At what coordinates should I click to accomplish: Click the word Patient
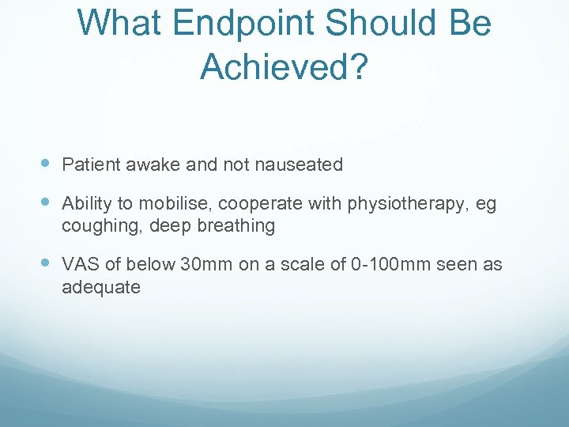(x=89, y=164)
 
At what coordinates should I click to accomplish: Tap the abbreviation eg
(x=486, y=205)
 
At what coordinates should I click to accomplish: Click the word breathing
(x=236, y=226)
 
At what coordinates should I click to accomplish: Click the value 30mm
(x=207, y=265)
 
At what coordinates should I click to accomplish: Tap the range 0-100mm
(x=387, y=265)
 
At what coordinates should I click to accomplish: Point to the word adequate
(x=100, y=287)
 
